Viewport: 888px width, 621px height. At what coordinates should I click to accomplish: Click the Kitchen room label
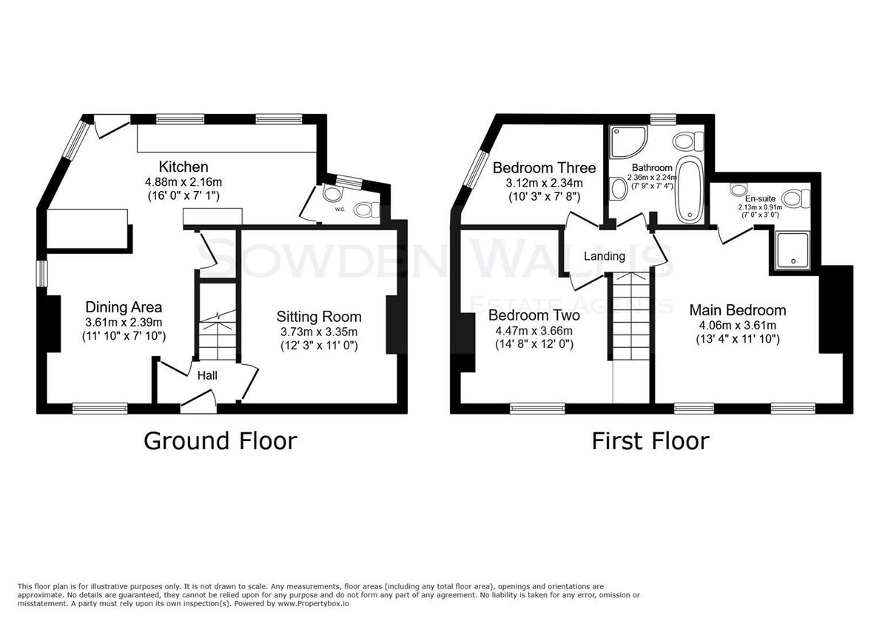tap(184, 167)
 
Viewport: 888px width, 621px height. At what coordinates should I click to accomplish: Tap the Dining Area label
tap(124, 307)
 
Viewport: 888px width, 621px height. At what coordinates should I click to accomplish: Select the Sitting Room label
tap(319, 317)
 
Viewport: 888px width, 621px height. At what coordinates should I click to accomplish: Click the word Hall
tap(207, 375)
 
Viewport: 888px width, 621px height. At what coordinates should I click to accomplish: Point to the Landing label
tap(605, 256)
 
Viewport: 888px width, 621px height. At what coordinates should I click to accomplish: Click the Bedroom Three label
tap(545, 168)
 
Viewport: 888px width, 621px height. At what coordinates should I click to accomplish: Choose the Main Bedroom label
tap(738, 310)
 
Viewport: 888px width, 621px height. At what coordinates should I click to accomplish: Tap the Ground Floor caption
tap(221, 441)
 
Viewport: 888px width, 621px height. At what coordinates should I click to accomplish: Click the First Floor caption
tap(650, 441)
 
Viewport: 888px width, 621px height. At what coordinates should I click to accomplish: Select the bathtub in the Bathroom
tap(690, 190)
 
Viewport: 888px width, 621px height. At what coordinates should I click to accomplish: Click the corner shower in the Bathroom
tap(628, 141)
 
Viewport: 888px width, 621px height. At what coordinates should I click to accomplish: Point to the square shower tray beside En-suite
tap(793, 250)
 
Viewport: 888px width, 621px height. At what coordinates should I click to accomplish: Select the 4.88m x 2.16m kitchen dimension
tap(184, 182)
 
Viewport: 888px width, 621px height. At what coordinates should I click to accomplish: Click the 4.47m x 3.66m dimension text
tap(534, 331)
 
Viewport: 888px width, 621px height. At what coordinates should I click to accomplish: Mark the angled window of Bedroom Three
tap(477, 169)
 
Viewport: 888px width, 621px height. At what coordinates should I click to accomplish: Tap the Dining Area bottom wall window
tap(100, 408)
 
